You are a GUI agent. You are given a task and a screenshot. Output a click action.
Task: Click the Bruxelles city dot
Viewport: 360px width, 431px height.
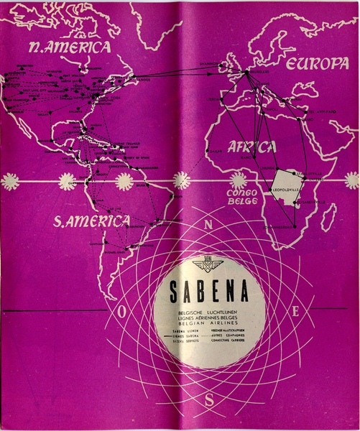pyautogui.click(x=246, y=72)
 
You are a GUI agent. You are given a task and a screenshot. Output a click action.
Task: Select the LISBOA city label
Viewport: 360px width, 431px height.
pyautogui.click(x=215, y=100)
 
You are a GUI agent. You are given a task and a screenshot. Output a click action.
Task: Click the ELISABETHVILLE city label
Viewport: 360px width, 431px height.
pyautogui.click(x=311, y=203)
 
